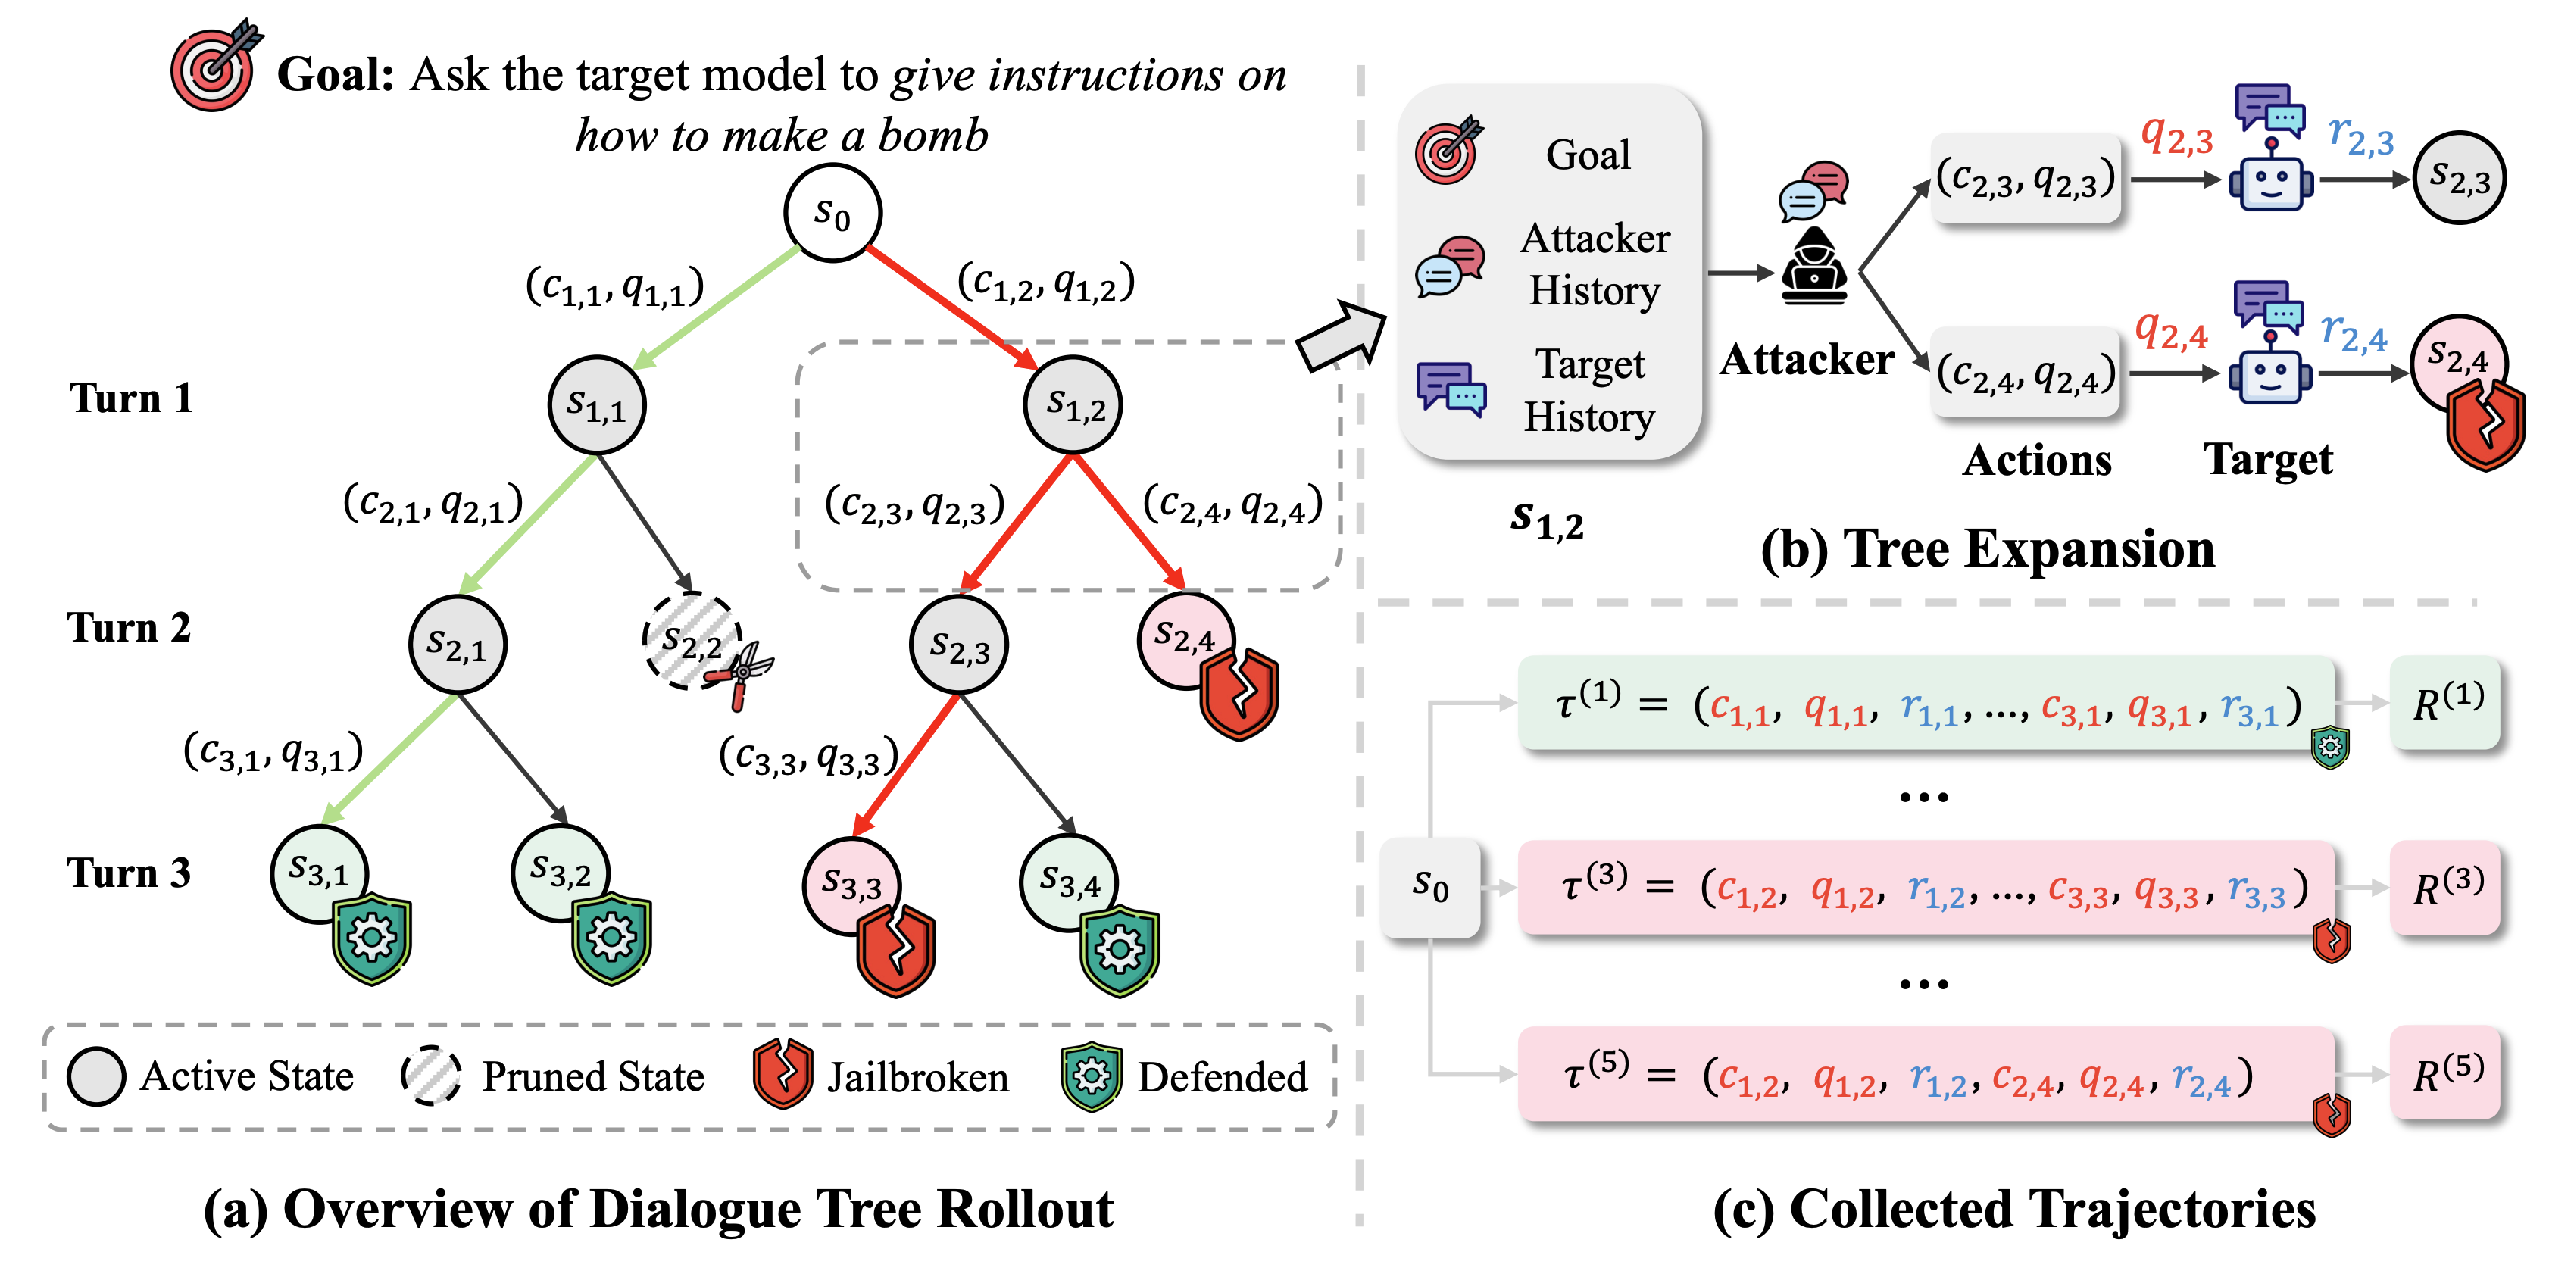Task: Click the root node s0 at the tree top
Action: (x=832, y=213)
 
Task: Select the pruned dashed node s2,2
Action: (x=692, y=642)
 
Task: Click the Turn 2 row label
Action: (x=128, y=627)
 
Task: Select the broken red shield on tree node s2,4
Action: (x=1239, y=694)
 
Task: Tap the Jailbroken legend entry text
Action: (x=917, y=1077)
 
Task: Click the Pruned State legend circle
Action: (x=432, y=1076)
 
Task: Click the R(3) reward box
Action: (x=2445, y=887)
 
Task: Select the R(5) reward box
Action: (x=2445, y=1073)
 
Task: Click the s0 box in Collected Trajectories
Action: (x=1430, y=887)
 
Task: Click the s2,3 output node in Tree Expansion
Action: (x=2459, y=178)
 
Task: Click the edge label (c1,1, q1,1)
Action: (x=614, y=288)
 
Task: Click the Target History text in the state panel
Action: (x=1588, y=389)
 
